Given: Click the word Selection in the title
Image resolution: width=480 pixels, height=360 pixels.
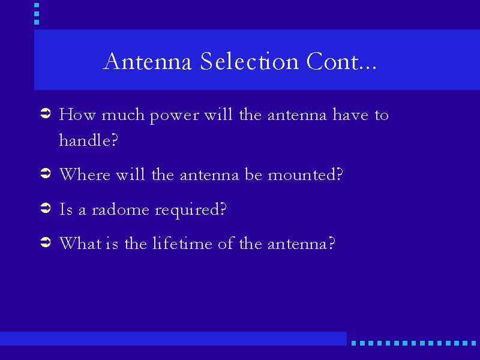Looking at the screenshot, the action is [250, 61].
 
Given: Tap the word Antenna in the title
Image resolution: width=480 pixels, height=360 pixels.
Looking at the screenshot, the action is [148, 61].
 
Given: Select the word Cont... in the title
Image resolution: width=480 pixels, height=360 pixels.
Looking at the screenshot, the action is [341, 61].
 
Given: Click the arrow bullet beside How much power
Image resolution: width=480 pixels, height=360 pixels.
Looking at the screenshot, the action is [46, 113].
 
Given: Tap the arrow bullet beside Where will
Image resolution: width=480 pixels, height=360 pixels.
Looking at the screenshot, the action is [46, 173].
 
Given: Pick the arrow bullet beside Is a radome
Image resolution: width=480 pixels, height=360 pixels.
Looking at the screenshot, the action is [46, 208].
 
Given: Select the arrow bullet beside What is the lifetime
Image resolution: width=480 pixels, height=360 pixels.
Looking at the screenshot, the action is [46, 242].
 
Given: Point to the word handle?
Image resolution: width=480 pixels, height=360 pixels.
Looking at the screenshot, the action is [88, 140].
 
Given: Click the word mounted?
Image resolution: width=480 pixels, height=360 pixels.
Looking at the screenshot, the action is [305, 174].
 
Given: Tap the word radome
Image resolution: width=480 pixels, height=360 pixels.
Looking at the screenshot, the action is [121, 209].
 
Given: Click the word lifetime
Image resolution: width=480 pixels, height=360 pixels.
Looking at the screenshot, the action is [182, 244].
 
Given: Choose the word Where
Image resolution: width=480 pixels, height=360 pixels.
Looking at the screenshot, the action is [85, 174].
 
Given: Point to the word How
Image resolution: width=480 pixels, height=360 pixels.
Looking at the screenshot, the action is [77, 115].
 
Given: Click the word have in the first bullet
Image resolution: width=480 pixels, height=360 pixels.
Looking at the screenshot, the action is [350, 115].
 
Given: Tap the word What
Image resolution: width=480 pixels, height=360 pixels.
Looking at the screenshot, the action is [80, 244].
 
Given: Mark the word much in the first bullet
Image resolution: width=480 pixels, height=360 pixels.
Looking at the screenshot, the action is [123, 115].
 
